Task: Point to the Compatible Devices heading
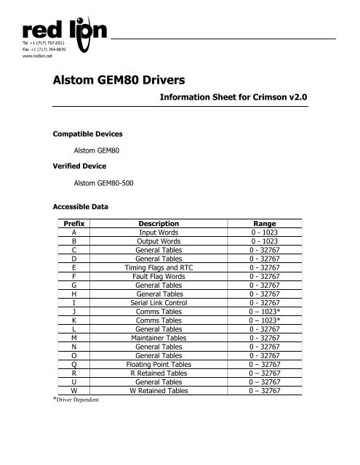[90, 134]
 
